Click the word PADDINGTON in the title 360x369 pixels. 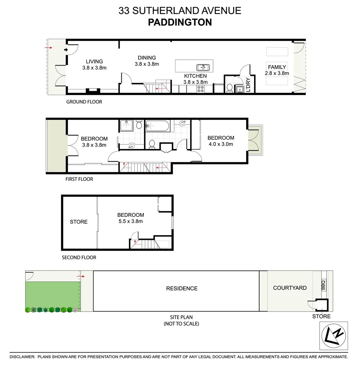pos(180,22)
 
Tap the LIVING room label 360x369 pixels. pos(94,61)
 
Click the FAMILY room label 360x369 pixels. pos(277,67)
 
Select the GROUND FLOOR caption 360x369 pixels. pos(84,101)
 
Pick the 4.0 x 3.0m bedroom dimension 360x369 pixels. pos(221,144)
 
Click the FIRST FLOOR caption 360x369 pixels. pos(79,179)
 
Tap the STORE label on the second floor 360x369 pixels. pos(79,222)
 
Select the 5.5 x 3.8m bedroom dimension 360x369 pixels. pos(131,221)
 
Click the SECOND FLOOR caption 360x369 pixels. pos(79,257)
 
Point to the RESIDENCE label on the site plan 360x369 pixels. pos(182,288)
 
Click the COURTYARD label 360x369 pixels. pos(290,288)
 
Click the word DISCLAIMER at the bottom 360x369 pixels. pos(22,357)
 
